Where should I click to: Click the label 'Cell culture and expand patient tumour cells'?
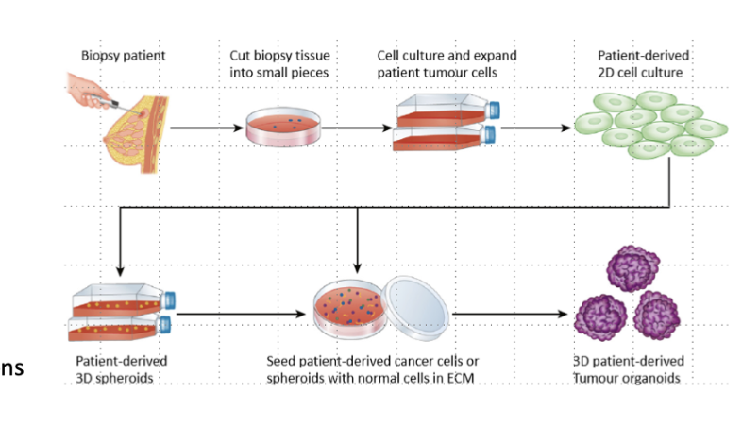point(434,63)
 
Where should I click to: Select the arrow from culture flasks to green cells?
point(534,125)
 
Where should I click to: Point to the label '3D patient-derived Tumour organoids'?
point(629,368)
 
